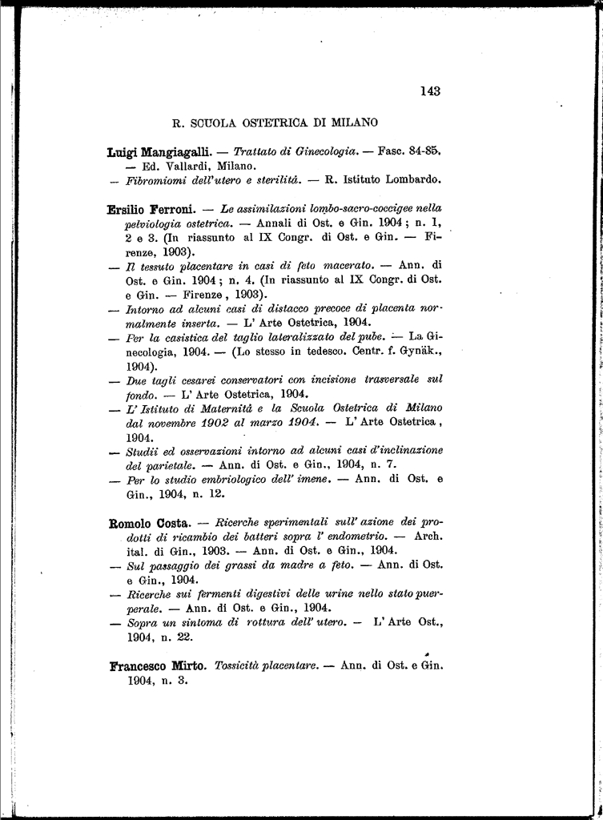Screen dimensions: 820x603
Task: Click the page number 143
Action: (430, 91)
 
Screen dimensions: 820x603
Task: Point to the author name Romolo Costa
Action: (149, 524)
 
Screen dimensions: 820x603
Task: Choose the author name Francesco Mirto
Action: (158, 665)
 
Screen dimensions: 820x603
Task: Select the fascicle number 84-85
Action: (424, 151)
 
